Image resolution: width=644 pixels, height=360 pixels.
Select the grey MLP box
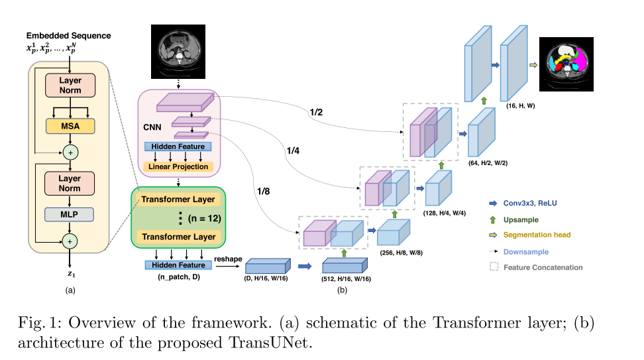(69, 215)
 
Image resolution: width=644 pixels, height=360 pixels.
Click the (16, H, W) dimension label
(521, 106)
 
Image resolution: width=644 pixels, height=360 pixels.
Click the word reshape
(227, 259)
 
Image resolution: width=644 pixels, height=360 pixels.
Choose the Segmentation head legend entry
(536, 235)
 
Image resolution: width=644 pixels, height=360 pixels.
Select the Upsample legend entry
(520, 219)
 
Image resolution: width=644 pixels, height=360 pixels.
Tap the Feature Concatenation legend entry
(543, 267)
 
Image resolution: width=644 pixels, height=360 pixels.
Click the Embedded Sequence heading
(68, 35)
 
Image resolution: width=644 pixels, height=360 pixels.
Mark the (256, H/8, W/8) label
(400, 253)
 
